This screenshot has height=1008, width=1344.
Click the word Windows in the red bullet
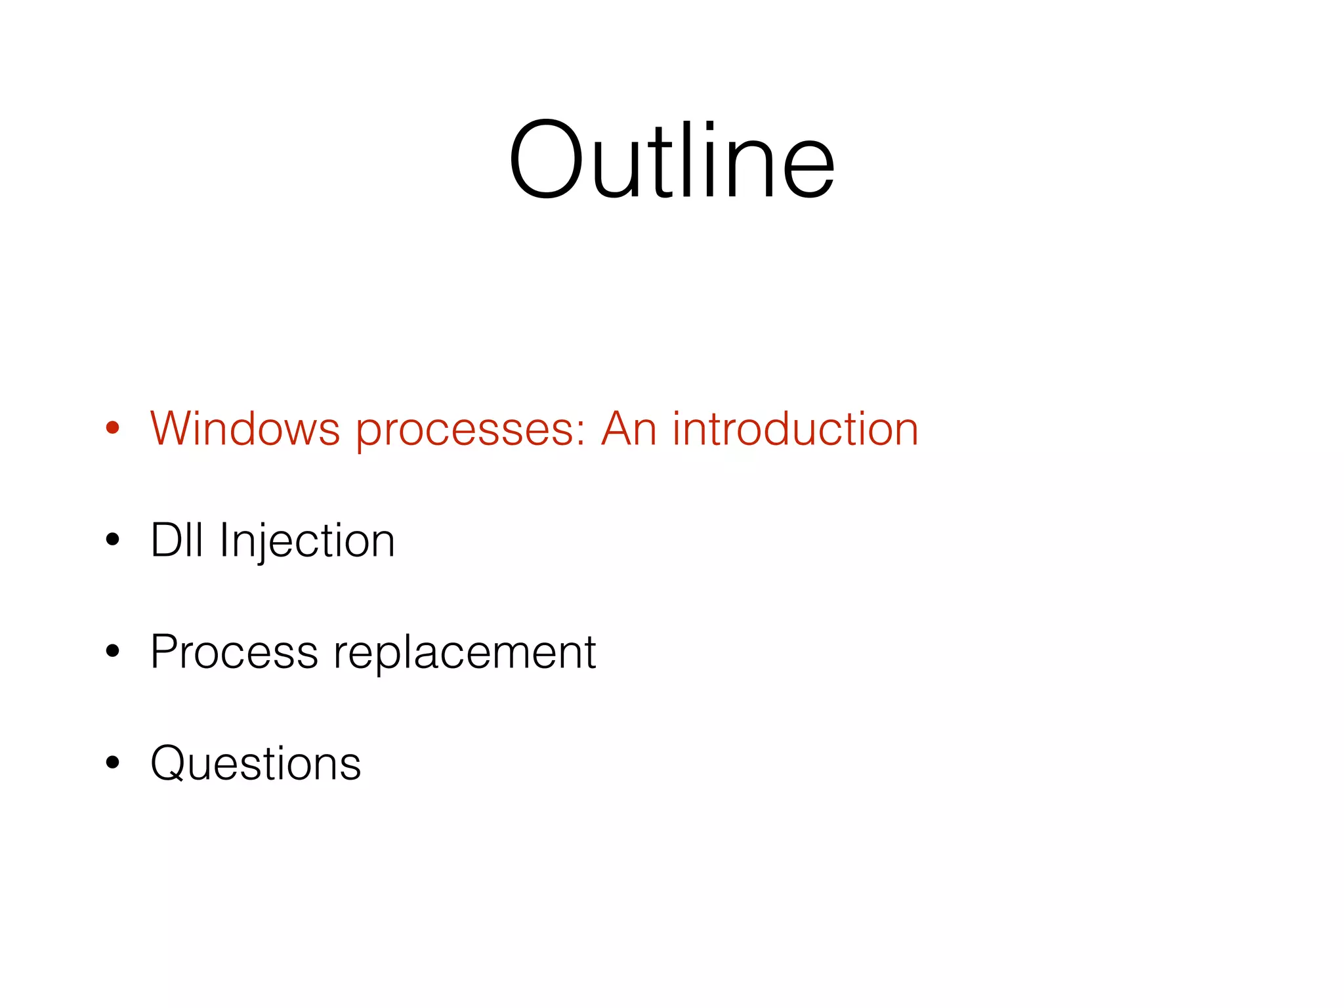(x=244, y=429)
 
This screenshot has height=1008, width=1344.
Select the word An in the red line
(x=628, y=429)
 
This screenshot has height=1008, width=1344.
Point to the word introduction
(x=795, y=429)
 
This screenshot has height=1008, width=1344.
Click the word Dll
(x=176, y=540)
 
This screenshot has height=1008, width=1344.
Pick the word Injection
(x=306, y=541)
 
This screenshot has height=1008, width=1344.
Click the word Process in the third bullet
(x=234, y=652)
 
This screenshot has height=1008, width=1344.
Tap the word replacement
(x=465, y=654)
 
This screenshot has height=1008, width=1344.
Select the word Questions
(x=255, y=763)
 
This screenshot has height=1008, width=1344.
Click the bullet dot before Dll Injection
(x=113, y=540)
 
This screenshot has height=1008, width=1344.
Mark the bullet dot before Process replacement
(x=113, y=651)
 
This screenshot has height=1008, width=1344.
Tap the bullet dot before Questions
(x=113, y=763)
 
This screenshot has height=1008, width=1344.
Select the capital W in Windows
(x=172, y=429)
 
